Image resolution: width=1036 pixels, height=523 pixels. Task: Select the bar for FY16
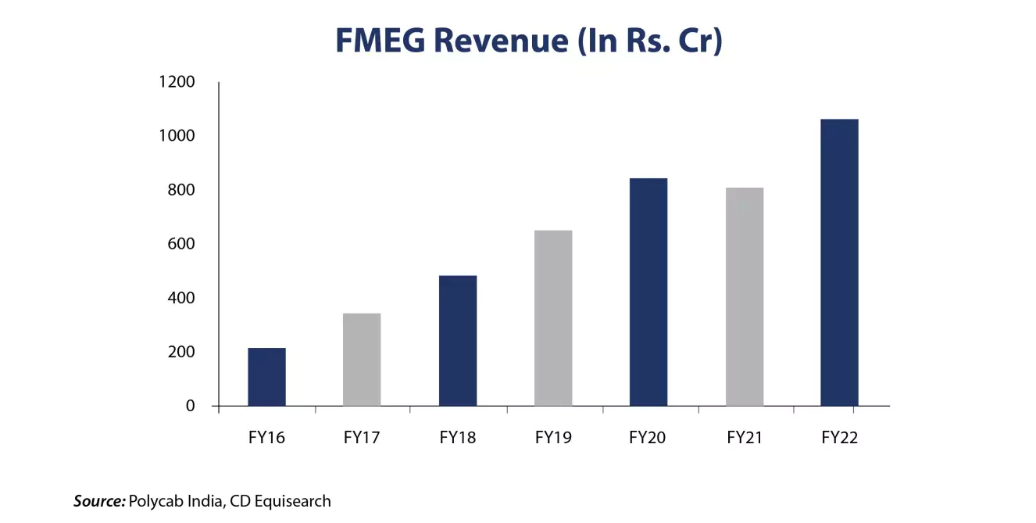[x=266, y=377]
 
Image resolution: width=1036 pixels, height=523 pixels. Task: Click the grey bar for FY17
[x=362, y=360]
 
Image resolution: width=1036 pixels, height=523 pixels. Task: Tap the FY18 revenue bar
[x=458, y=341]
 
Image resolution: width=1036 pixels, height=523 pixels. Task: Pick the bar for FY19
[x=553, y=318]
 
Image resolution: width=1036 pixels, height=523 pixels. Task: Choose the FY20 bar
[x=648, y=292]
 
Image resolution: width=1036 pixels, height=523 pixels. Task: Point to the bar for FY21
[x=745, y=297]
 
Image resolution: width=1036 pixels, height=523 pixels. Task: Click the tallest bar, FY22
[x=839, y=263]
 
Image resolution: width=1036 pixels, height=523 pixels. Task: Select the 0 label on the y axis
[x=190, y=406]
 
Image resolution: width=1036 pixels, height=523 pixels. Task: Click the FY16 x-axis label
[x=266, y=438]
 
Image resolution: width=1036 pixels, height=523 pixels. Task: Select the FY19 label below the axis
[x=553, y=438]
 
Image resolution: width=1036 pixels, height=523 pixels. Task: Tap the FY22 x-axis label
[x=839, y=438]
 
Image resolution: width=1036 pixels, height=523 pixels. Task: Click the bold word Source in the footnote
[x=99, y=501]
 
